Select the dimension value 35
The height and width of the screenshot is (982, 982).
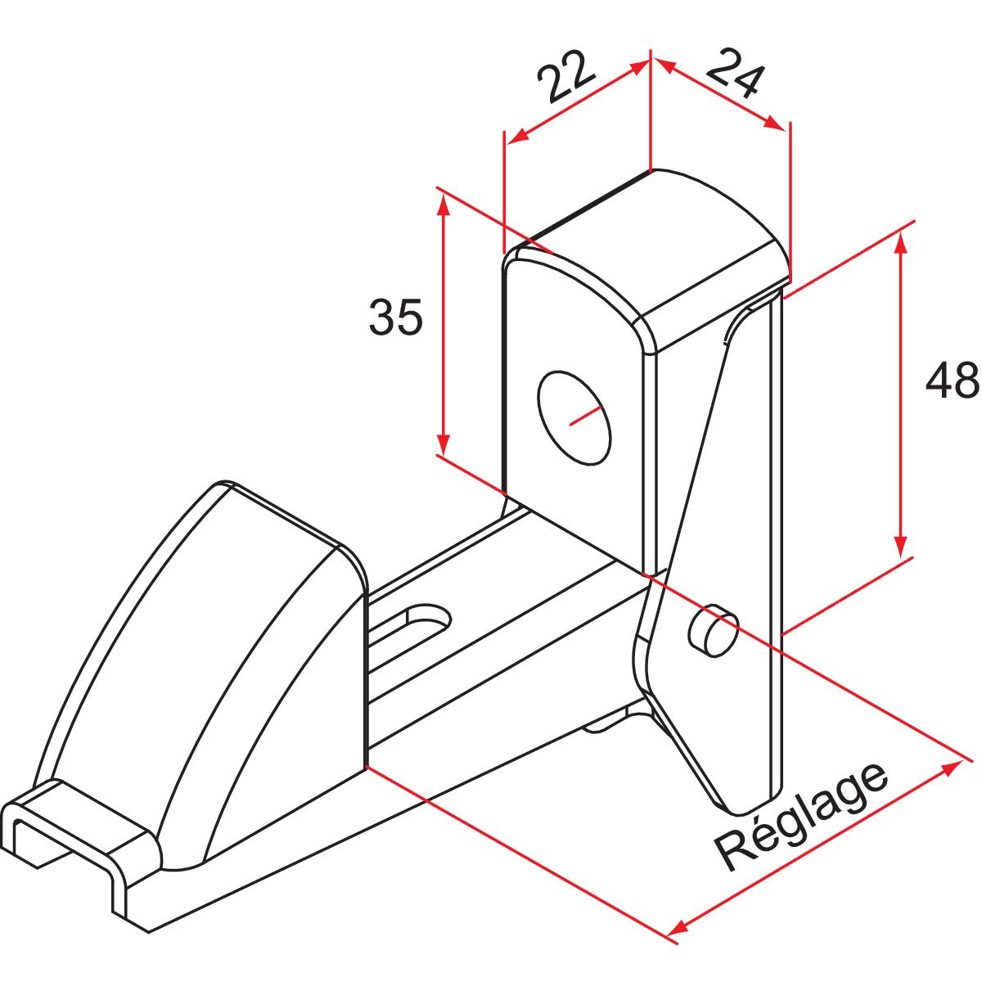pos(396,318)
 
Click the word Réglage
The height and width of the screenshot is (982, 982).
pos(802,818)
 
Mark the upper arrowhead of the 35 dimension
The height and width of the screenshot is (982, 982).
pos(444,204)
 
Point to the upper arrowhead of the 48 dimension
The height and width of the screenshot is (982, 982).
pos(900,242)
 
